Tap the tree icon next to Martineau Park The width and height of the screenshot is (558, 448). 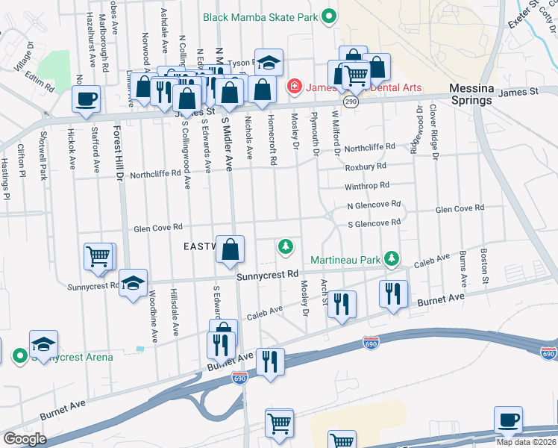tap(390, 259)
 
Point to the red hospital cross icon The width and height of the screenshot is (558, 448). tap(294, 88)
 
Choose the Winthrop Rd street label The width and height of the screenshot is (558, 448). tap(366, 186)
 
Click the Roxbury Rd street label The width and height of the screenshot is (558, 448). tap(365, 167)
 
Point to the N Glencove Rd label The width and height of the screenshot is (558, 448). tap(373, 204)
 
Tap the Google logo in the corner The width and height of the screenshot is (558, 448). tap(25, 439)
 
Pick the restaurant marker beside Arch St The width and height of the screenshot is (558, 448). tap(342, 303)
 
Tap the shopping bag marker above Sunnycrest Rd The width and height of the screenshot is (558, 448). tap(231, 250)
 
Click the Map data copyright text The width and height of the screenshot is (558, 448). tap(525, 442)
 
